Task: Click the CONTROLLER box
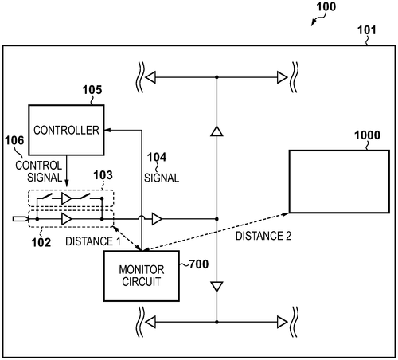click(66, 130)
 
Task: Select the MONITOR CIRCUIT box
click(142, 276)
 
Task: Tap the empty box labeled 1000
click(339, 182)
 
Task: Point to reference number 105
click(92, 90)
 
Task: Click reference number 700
click(199, 264)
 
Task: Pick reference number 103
click(103, 175)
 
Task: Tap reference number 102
click(41, 242)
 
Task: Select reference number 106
click(14, 140)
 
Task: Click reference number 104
click(157, 157)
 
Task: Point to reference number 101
click(367, 30)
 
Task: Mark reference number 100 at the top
click(326, 6)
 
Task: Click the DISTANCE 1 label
click(93, 241)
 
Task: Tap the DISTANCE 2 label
click(263, 236)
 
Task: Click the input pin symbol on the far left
click(21, 219)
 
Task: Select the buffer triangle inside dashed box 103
click(66, 198)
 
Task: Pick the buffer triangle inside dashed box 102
click(66, 219)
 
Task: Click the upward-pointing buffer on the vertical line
click(217, 131)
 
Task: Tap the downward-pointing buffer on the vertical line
click(217, 287)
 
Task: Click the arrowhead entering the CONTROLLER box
click(107, 130)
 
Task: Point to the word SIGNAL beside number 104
click(162, 178)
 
